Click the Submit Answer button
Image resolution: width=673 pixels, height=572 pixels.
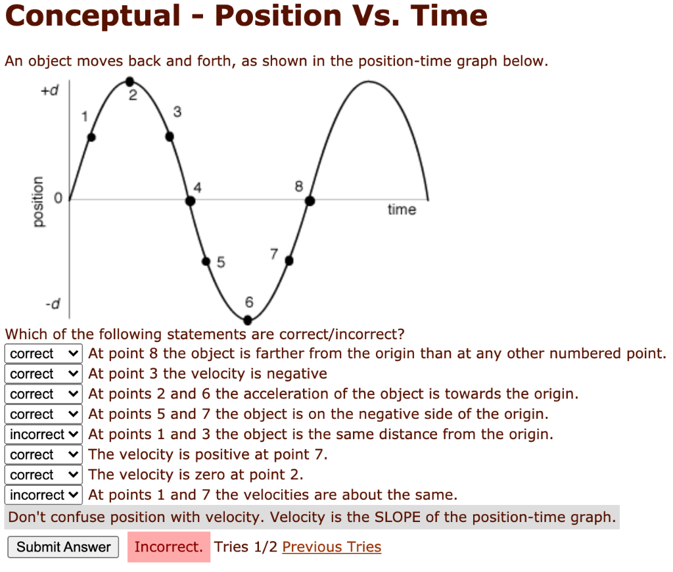tap(63, 547)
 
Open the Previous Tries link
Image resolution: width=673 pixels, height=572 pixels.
tap(331, 547)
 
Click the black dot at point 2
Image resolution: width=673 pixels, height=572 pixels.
tap(130, 82)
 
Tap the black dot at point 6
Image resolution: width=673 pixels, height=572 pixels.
tap(248, 320)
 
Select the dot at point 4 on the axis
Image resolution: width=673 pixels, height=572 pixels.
tap(191, 201)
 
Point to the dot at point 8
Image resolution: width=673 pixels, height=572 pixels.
tap(310, 201)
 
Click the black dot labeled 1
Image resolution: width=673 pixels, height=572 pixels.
tap(91, 137)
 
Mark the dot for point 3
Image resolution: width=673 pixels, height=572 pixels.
tap(170, 137)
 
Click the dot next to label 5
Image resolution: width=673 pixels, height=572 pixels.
tap(206, 261)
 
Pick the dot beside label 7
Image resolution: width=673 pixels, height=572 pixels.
tap(289, 261)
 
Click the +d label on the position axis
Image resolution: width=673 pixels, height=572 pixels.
tap(49, 92)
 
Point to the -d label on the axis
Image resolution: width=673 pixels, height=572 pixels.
tap(53, 304)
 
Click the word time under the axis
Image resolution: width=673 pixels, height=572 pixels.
tap(402, 210)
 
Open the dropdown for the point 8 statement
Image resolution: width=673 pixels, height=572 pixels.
tap(44, 354)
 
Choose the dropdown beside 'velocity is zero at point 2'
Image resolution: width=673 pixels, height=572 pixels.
tap(44, 475)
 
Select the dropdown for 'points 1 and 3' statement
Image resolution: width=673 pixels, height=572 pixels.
tap(44, 435)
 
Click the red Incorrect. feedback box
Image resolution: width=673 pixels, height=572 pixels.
tap(168, 547)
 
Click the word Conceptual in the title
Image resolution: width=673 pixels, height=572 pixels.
tap(92, 16)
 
